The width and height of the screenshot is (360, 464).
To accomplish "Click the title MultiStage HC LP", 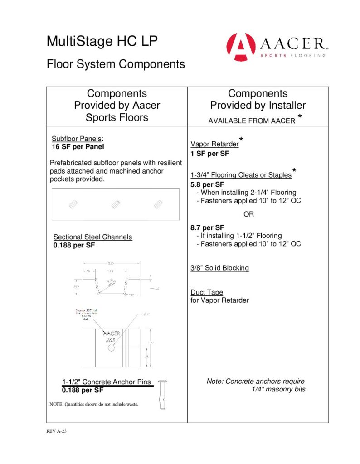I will coord(102,42).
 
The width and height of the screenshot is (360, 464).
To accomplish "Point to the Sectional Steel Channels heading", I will coord(92,237).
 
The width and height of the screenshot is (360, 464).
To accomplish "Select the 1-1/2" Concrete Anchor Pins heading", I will coord(107,382).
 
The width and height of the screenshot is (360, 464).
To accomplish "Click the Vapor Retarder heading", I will coord(214,144).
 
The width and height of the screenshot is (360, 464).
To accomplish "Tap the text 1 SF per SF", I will coord(210,154).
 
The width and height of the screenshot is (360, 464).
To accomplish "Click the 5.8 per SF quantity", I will coord(208,184).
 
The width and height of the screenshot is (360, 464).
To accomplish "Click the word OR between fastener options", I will coord(249,214).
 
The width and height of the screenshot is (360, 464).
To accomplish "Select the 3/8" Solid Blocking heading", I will coord(220,268).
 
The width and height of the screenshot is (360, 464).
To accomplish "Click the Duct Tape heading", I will coord(207,292).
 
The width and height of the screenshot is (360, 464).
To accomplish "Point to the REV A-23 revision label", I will coord(57,431).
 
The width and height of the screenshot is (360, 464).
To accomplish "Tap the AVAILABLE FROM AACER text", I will coord(251,121).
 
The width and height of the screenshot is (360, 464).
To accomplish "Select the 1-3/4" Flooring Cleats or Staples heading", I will coord(241,175).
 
